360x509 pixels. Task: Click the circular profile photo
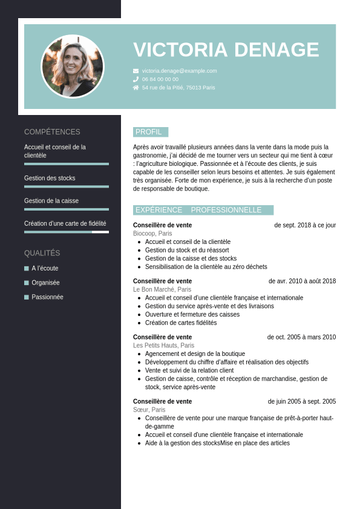coord(73,67)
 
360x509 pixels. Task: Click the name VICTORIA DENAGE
coord(226,50)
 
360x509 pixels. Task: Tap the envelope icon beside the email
coord(136,71)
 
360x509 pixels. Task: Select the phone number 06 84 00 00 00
coord(160,79)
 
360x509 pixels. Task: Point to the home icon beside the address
coord(136,88)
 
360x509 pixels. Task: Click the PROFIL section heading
coord(149,132)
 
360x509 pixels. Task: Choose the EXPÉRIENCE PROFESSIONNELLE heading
coord(203,210)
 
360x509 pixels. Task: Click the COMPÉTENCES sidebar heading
coord(52,132)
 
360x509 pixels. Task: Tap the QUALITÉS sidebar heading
coord(42,253)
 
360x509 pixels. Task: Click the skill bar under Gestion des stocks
coord(67,186)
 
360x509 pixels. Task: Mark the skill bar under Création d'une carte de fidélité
coord(67,232)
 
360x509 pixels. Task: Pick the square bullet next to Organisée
coord(27,283)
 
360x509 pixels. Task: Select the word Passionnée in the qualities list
coord(47,297)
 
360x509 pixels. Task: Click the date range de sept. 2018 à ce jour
coord(305,225)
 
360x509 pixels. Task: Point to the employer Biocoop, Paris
coord(152,234)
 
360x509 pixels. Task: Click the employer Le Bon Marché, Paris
coord(162,289)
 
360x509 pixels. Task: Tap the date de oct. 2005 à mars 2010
coord(301,337)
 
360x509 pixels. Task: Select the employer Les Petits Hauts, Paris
coord(163,346)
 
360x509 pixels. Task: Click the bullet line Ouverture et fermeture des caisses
coord(192,315)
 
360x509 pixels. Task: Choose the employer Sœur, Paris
coord(149,410)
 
